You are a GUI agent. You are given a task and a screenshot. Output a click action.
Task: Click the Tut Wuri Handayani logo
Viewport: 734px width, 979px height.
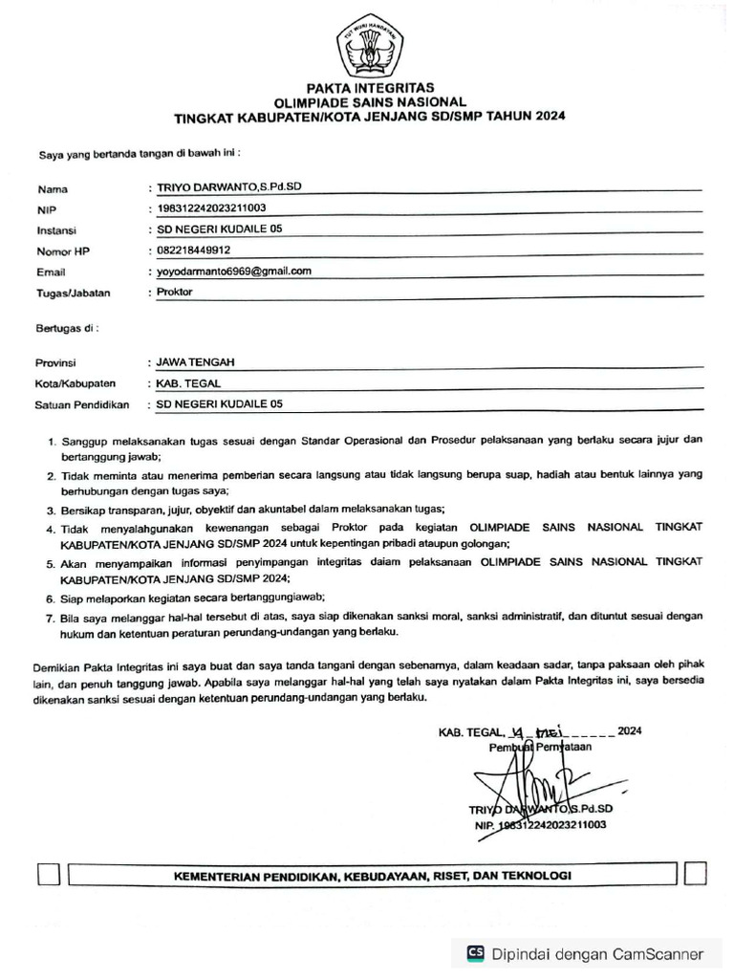(369, 43)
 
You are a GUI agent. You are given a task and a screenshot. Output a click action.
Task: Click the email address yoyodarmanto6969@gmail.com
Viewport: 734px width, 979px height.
(234, 272)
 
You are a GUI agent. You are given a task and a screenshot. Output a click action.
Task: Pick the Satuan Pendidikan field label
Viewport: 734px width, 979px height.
(82, 405)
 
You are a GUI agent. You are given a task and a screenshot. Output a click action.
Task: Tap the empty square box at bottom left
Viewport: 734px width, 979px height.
(48, 875)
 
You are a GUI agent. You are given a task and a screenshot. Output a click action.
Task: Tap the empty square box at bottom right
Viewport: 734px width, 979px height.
(696, 875)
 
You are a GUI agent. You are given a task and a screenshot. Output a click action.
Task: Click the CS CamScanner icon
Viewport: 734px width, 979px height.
(475, 952)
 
